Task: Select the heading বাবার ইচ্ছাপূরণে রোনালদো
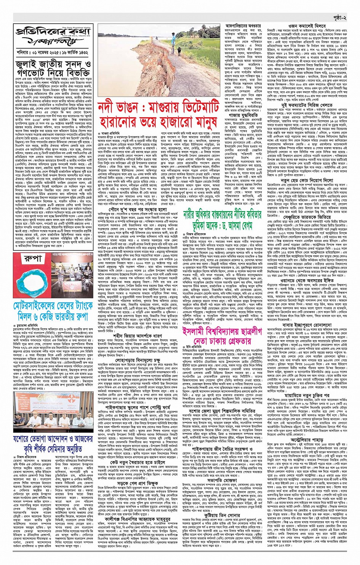click(307, 325)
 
